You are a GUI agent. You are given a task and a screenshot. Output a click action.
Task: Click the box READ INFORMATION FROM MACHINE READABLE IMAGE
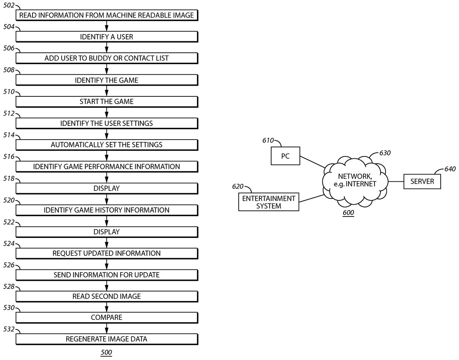point(107,15)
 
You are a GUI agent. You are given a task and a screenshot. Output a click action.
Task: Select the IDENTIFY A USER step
point(107,37)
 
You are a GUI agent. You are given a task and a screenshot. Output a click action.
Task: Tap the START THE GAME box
point(107,102)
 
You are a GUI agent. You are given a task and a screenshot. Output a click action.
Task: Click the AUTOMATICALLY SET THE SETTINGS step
point(107,145)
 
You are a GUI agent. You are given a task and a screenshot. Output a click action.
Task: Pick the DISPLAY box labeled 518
point(107,188)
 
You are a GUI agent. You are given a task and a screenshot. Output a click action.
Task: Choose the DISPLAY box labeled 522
point(107,231)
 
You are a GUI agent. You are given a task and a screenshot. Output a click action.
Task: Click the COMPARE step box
point(107,318)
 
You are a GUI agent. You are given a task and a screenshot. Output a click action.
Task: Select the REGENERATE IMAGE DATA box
point(107,339)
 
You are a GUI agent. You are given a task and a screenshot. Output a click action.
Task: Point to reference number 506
point(9,48)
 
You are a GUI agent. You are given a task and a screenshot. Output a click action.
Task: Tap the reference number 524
point(9,243)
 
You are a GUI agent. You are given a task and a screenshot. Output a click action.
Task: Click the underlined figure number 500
point(106,353)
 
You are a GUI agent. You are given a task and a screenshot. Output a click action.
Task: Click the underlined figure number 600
point(348,213)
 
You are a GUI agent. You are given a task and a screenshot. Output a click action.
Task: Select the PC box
point(285,156)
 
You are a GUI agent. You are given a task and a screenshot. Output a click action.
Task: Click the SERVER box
point(422,181)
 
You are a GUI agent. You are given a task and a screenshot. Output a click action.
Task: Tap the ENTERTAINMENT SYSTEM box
point(269,202)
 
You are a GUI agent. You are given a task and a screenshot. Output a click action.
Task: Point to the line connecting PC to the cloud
point(312,162)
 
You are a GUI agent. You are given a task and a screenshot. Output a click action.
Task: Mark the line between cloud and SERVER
point(396,181)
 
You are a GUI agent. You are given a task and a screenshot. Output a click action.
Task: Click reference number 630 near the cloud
point(385,153)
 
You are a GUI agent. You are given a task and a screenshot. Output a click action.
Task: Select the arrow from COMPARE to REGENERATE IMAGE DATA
point(107,328)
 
